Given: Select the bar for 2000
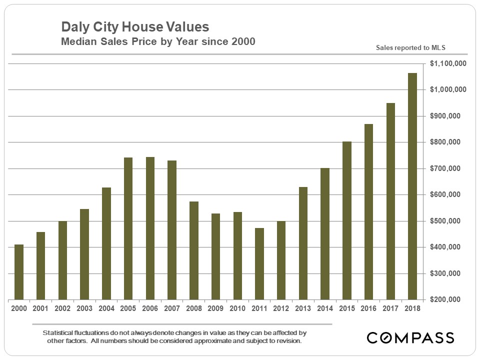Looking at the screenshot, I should (19, 272).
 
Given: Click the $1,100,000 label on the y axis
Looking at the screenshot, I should (447, 63).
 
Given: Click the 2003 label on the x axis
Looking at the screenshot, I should (84, 308).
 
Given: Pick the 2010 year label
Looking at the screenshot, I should (237, 308).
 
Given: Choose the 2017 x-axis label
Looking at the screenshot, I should (390, 308).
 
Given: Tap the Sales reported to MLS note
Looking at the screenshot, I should (410, 48).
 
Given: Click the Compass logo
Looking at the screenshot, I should (410, 337).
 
